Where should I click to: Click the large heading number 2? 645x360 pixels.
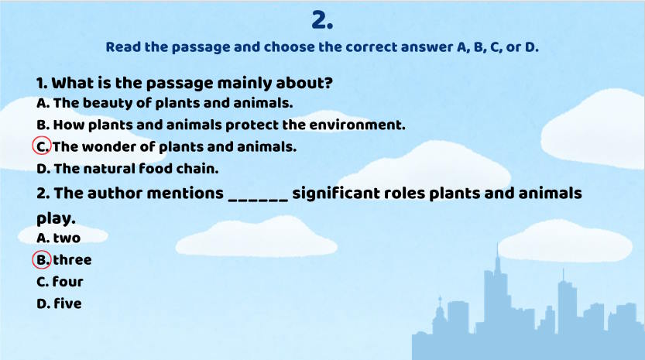(x=322, y=19)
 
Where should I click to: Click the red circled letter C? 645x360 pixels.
(x=43, y=146)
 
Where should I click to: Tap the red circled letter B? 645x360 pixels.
(x=43, y=259)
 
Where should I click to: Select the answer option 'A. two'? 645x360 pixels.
(x=58, y=238)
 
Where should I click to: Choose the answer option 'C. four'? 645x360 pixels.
(x=60, y=281)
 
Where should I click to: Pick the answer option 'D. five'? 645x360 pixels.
(x=59, y=303)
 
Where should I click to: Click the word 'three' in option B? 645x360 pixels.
(x=72, y=259)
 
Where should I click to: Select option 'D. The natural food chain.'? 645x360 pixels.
(x=128, y=167)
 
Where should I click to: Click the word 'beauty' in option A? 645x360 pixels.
(x=108, y=102)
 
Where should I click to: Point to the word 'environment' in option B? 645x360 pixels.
(x=354, y=124)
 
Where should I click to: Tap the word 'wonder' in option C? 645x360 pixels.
(x=108, y=146)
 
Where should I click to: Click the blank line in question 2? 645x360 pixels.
(x=259, y=194)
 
